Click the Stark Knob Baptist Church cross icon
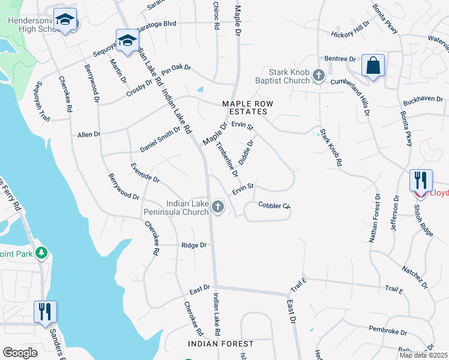pos(319,76)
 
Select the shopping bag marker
pos(373,65)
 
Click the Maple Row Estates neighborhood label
pos(247,108)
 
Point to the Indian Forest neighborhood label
pos(220,344)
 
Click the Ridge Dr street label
pos(194,245)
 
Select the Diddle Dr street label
pos(247,152)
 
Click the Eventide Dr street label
pos(146,172)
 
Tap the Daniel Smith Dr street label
pos(160,139)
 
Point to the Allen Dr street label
pos(89,135)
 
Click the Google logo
pos(20,353)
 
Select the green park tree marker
pos(41,253)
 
